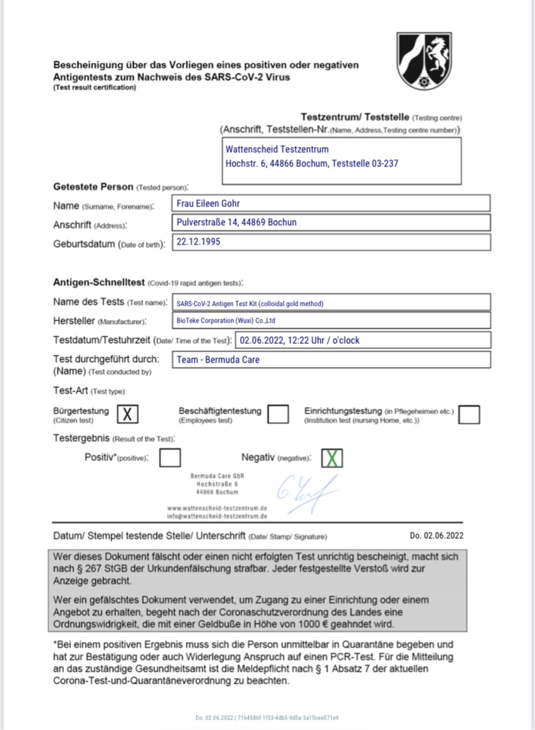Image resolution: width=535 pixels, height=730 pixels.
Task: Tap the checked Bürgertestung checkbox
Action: (128, 414)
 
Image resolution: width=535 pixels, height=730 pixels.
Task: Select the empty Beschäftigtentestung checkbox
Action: (278, 414)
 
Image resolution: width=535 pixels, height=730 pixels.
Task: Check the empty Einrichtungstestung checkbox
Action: (469, 414)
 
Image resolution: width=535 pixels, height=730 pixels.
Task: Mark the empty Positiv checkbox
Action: (170, 458)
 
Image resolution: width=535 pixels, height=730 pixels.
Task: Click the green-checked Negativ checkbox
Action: (331, 458)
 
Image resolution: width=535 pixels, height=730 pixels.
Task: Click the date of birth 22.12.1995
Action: (200, 241)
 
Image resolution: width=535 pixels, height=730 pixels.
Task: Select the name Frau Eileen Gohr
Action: (208, 203)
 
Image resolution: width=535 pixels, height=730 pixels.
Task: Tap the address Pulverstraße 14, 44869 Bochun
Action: (236, 223)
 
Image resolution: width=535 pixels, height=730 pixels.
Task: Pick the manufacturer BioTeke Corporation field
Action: (226, 320)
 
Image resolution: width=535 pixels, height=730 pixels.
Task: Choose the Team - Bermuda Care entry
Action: (218, 360)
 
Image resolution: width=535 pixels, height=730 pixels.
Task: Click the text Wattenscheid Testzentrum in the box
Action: (277, 149)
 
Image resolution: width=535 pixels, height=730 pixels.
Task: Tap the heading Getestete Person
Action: (93, 187)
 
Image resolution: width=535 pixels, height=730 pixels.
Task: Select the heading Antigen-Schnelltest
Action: (99, 283)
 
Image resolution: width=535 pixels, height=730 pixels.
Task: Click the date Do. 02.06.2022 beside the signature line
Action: (436, 536)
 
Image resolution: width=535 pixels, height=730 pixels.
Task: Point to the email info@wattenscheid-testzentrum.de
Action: (217, 516)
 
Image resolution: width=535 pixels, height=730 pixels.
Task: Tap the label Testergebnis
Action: (82, 439)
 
